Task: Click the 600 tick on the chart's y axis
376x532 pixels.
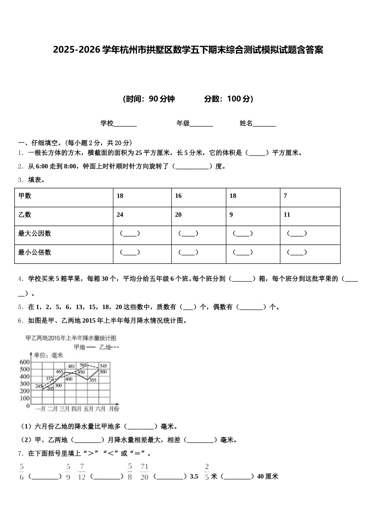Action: coord(24,362)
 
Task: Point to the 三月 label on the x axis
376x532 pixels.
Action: coord(65,408)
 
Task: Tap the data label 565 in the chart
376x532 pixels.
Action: coord(83,365)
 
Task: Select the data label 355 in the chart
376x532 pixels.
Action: coord(92,380)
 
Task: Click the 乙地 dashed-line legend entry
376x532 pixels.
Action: coord(108,347)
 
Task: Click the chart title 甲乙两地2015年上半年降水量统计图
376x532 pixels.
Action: coord(71,338)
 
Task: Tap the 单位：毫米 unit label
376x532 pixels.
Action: coord(48,355)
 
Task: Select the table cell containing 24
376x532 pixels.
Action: coord(120,215)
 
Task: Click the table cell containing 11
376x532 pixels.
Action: coord(287,215)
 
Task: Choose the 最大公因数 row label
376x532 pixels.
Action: coord(35,234)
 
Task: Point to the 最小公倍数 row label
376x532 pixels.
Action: coord(35,252)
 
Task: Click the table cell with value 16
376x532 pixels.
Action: coord(179,196)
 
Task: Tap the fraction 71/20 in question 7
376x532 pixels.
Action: coord(144,472)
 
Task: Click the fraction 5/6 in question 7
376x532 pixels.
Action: coord(22,472)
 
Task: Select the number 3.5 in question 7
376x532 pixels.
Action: coord(194,477)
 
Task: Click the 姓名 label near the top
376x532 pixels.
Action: coord(246,123)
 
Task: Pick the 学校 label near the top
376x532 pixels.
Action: coord(107,123)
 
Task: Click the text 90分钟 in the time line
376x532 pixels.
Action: coord(162,99)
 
